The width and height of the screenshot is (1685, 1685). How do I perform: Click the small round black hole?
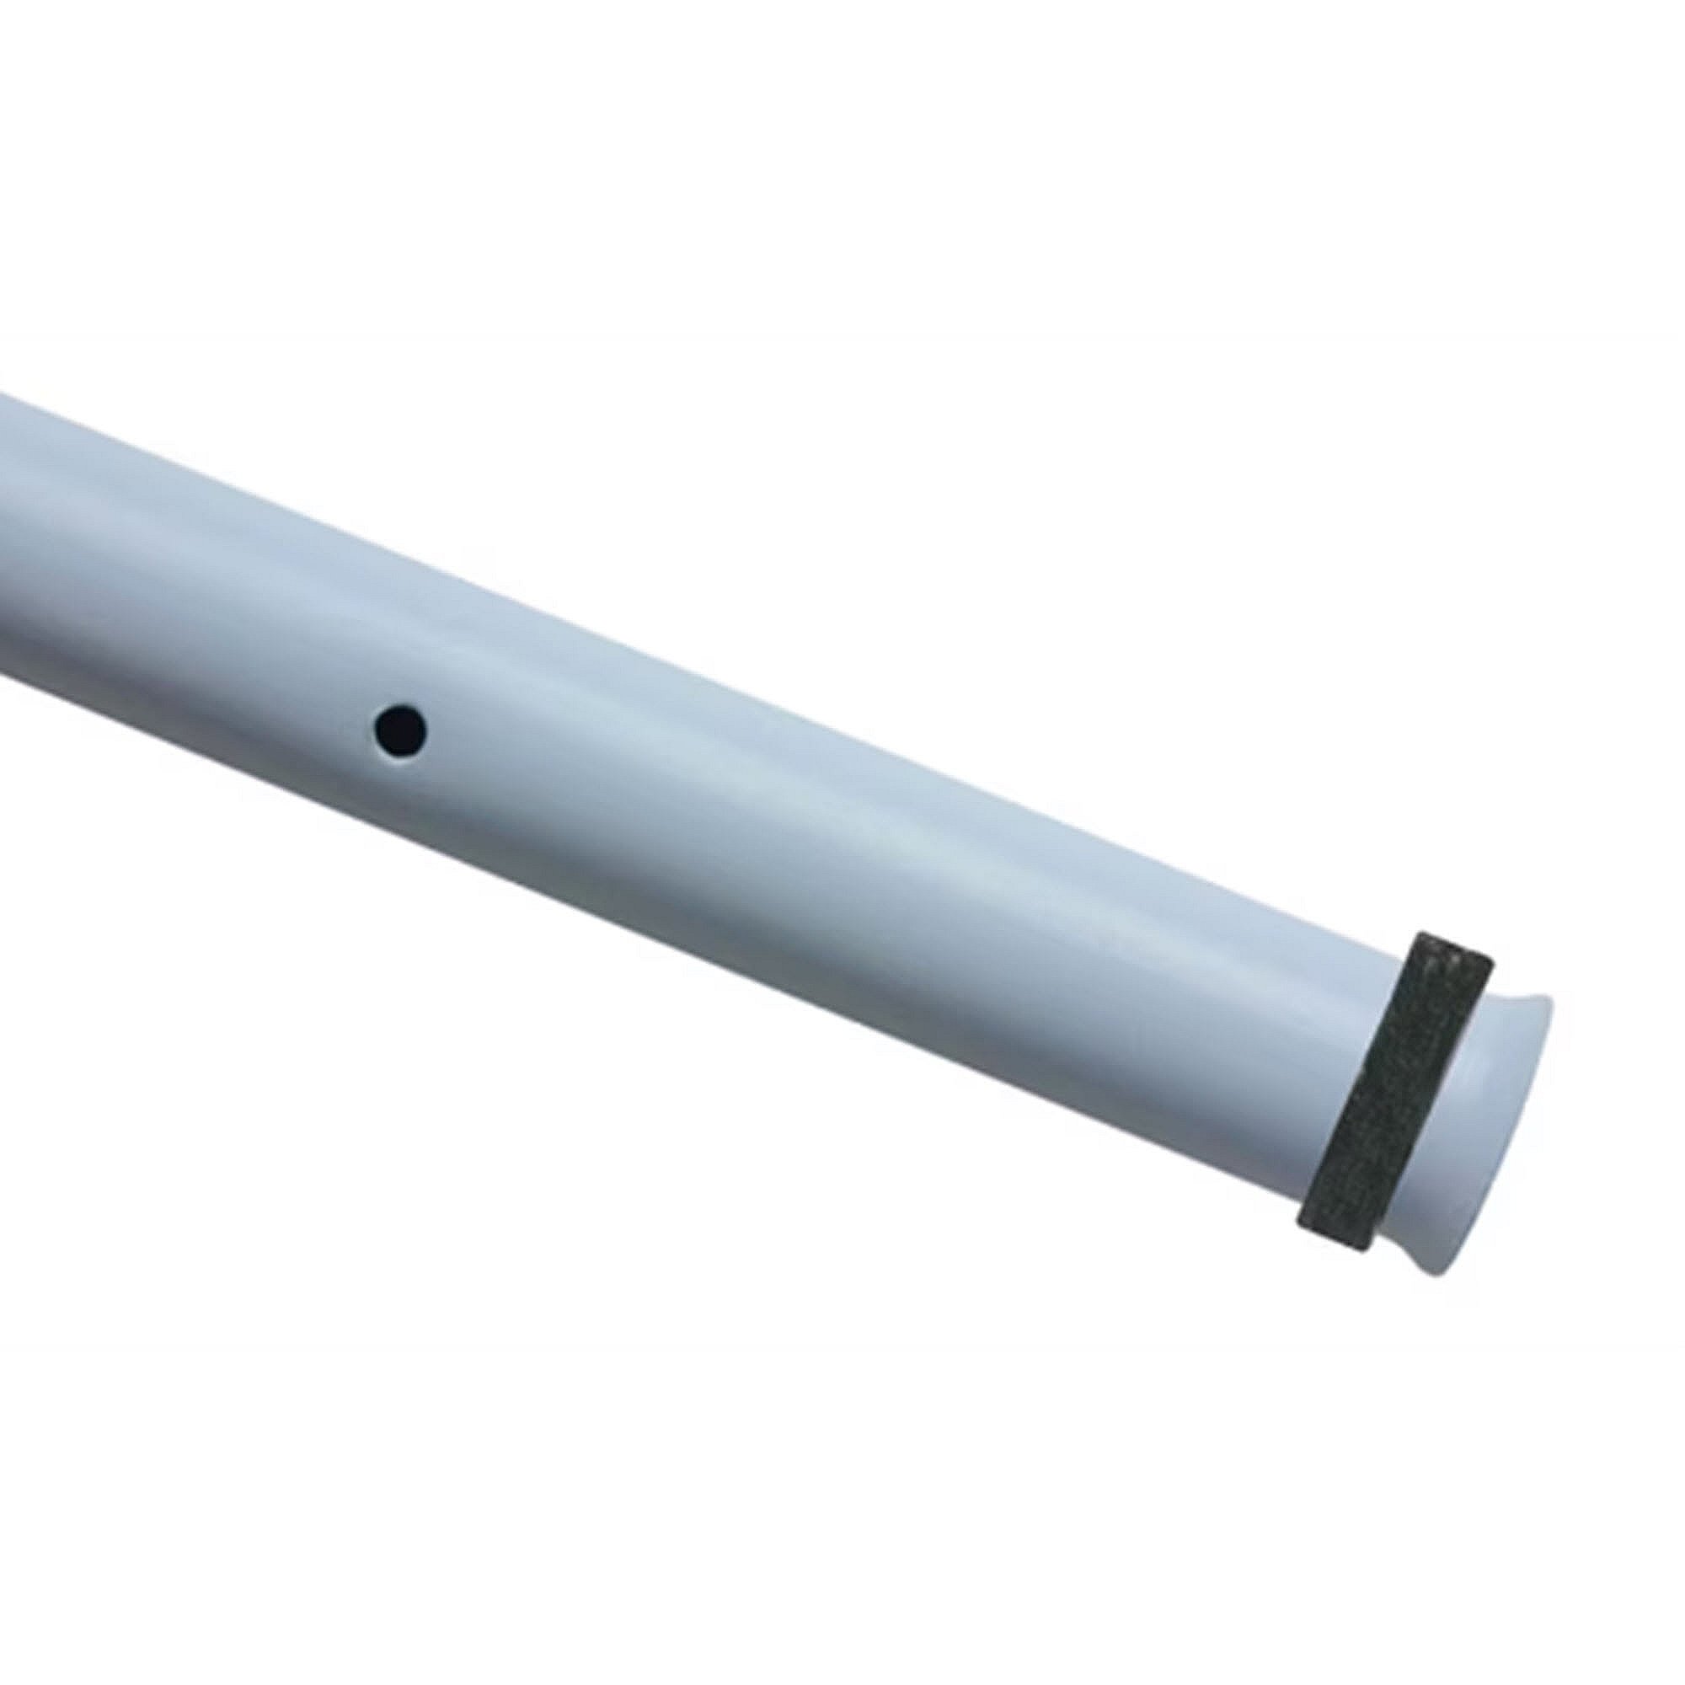click(x=400, y=730)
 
